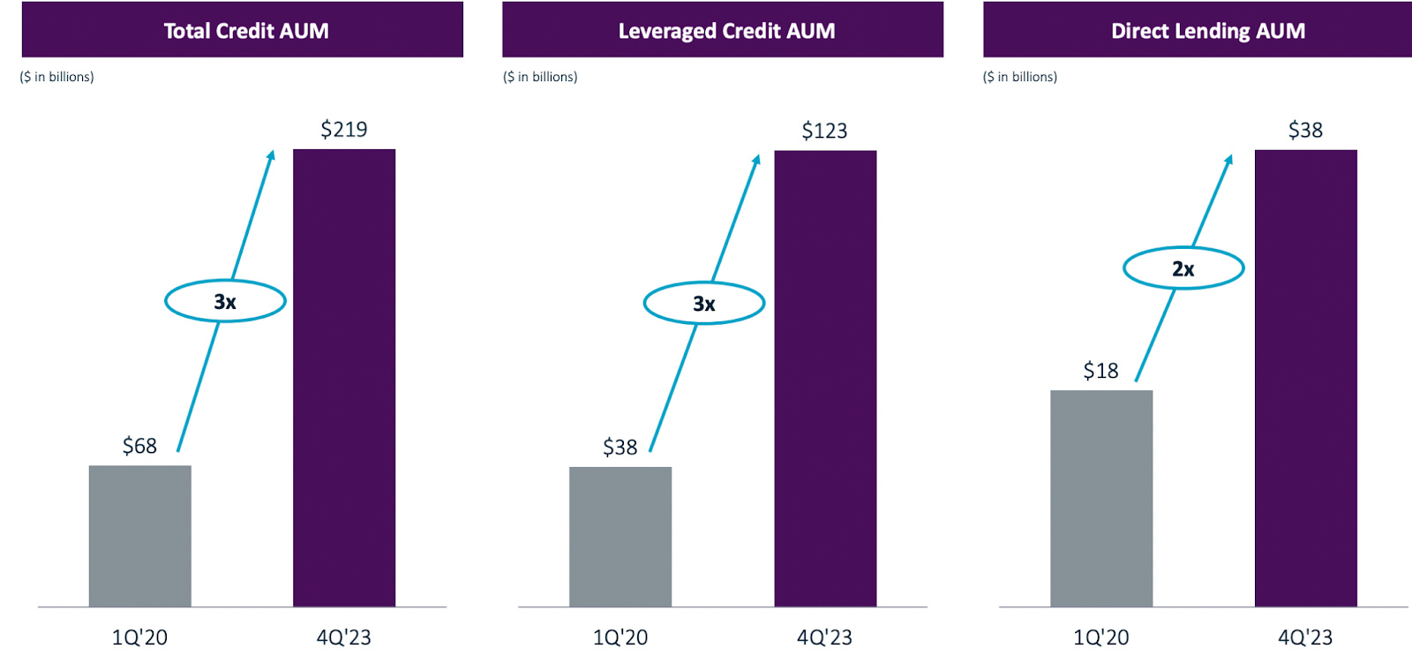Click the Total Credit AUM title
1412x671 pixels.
coord(245,31)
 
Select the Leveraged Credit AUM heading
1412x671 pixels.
coord(725,31)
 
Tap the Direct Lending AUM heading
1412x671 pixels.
coord(1207,31)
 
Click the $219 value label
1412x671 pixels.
coord(343,130)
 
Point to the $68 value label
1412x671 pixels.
coord(139,446)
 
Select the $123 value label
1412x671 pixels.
coord(824,132)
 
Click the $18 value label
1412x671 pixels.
coord(1100,371)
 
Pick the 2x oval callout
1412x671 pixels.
coord(1183,268)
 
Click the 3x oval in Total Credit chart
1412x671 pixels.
coord(225,302)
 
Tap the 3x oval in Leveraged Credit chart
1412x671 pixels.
coord(703,304)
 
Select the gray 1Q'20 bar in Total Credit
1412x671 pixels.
coord(139,536)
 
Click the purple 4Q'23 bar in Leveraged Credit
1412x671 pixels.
coord(825,380)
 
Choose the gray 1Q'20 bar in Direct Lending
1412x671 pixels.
coord(1100,499)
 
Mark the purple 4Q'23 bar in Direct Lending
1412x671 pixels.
coord(1305,380)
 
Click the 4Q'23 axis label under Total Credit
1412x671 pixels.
coord(343,637)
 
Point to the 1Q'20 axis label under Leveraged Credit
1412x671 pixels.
coord(620,637)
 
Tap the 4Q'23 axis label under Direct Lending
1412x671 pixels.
coord(1305,637)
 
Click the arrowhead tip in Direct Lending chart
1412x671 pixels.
coord(1230,157)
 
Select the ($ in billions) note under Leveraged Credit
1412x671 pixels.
coord(540,77)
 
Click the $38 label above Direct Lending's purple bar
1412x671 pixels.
coord(1305,131)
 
